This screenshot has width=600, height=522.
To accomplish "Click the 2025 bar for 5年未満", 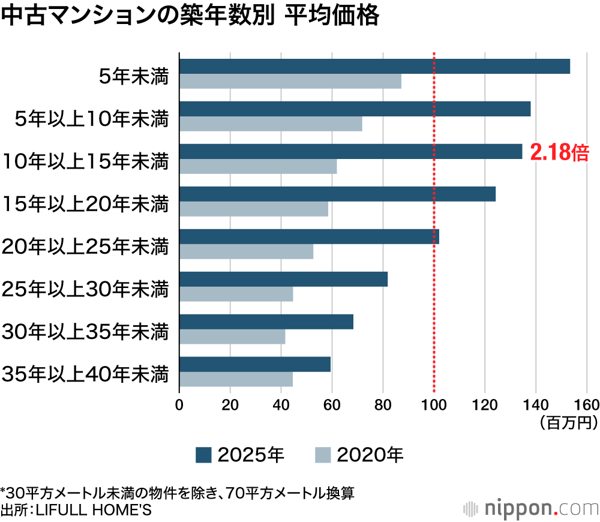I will click(x=374, y=67).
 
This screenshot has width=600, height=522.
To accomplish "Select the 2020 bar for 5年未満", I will click(x=290, y=82).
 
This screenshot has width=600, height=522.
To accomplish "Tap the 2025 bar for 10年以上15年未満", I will click(x=351, y=152).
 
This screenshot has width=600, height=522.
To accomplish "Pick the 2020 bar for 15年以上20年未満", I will click(x=254, y=209).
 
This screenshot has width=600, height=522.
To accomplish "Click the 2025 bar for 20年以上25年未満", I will click(x=309, y=236).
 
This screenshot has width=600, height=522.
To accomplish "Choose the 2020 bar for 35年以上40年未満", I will click(x=236, y=379).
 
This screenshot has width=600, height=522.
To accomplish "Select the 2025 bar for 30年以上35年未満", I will click(x=266, y=322).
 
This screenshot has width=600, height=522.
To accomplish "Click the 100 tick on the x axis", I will click(x=434, y=404).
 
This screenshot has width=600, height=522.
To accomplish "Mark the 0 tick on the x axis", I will click(x=179, y=404).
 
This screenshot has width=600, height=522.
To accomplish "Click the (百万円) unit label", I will click(x=568, y=423).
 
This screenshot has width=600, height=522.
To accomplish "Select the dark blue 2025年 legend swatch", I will click(x=203, y=455).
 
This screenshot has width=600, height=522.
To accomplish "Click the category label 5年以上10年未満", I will click(x=92, y=119).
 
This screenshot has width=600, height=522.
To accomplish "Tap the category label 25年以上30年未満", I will click(x=85, y=289).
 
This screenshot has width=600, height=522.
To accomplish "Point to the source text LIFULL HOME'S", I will click(x=96, y=511).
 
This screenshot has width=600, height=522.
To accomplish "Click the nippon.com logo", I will click(x=531, y=508).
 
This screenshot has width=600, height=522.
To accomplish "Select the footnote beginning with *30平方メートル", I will click(x=178, y=493).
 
